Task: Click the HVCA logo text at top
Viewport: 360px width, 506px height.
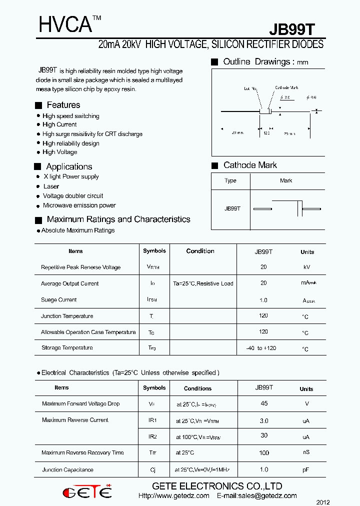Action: (64, 24)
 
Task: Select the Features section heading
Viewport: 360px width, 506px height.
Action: (63, 105)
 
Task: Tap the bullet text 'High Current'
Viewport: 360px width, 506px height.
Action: (59, 124)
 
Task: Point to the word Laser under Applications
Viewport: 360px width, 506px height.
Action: (51, 186)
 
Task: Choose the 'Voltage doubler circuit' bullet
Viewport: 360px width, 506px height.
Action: (73, 196)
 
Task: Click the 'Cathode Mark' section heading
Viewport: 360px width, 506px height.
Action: (250, 165)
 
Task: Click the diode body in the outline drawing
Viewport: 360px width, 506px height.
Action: (265, 111)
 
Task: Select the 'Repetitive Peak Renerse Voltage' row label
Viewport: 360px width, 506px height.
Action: (80, 267)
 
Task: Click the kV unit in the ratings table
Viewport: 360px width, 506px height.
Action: (307, 267)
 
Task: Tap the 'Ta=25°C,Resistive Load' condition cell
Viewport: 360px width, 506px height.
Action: (203, 283)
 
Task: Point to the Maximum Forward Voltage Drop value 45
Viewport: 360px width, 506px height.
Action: (264, 403)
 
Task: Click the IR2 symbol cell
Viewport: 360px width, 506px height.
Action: (152, 436)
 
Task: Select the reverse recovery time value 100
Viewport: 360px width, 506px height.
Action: (264, 453)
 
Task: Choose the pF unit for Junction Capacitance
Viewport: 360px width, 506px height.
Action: (306, 470)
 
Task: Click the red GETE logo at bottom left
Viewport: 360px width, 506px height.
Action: (87, 491)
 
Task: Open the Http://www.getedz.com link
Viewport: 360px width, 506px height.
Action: (173, 496)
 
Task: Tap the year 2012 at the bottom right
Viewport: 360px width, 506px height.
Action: (323, 502)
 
